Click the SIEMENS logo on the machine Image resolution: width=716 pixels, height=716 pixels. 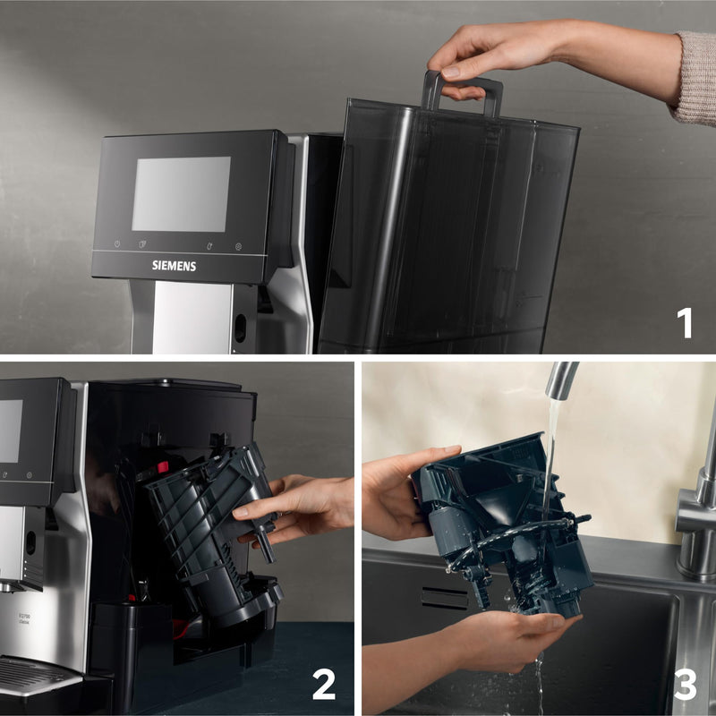(174, 266)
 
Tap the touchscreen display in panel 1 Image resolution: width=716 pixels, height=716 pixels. (181, 194)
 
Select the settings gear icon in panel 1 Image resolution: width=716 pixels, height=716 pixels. (238, 246)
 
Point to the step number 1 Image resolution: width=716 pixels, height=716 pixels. (685, 322)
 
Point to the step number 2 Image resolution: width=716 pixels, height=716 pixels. (323, 685)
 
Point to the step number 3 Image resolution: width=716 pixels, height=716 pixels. (685, 685)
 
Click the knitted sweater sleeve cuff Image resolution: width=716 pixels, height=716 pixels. (694, 78)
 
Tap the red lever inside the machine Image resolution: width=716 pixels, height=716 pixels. (164, 466)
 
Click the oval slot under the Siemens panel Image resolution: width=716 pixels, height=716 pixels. (239, 328)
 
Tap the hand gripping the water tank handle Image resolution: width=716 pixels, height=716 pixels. (483, 58)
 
